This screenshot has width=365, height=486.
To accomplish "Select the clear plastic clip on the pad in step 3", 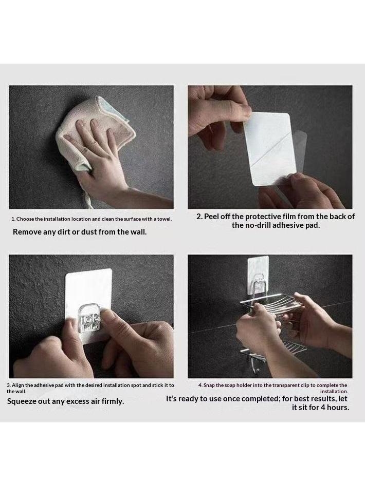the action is pyautogui.click(x=88, y=318).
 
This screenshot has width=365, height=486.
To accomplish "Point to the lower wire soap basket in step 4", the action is pyautogui.click(x=273, y=350).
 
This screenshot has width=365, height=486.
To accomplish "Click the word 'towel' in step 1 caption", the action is pyautogui.click(x=164, y=219).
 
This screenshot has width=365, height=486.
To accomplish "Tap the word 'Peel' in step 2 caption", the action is pyautogui.click(x=211, y=217).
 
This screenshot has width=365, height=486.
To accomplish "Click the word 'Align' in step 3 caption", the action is pyautogui.click(x=17, y=385).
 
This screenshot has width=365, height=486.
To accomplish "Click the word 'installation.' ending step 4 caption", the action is pyautogui.click(x=334, y=392).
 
